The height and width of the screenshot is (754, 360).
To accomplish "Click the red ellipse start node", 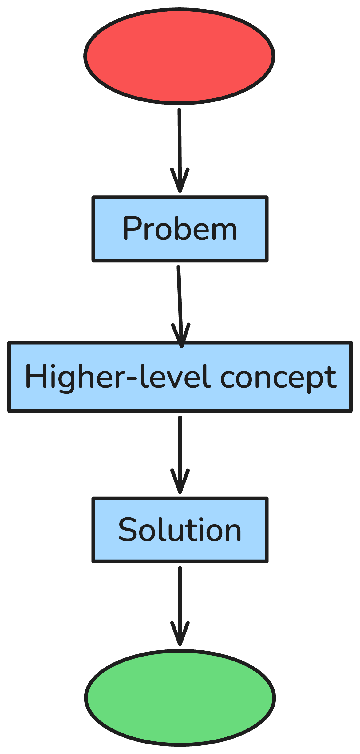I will [179, 56].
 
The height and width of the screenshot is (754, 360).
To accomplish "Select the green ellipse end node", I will [180, 698].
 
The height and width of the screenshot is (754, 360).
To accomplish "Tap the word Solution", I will [180, 530].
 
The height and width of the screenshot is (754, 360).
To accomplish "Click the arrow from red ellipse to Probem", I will [180, 141].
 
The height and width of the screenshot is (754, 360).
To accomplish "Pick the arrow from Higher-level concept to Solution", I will [180, 446].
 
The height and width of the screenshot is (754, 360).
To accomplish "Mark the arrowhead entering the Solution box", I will [180, 483].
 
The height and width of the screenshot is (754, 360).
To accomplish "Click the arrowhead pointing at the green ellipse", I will [180, 635].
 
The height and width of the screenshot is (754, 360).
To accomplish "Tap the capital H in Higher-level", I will [36, 376].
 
